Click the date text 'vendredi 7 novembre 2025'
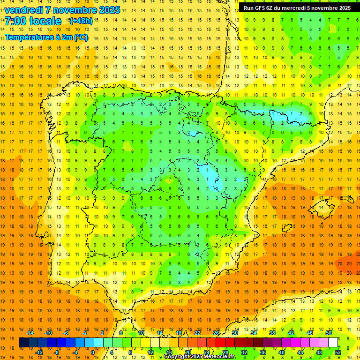(x=62, y=10)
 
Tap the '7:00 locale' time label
(x=33, y=21)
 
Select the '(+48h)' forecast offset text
(x=81, y=21)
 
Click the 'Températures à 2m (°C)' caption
(x=46, y=37)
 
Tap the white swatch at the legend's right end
(x=333, y=343)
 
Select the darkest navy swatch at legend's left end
(x=23, y=343)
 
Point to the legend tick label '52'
(x=338, y=352)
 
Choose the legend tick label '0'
(x=92, y=352)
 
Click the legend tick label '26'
(x=216, y=333)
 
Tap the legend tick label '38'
(x=272, y=333)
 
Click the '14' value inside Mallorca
(x=322, y=207)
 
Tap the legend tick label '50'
(x=329, y=333)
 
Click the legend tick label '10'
(x=141, y=333)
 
